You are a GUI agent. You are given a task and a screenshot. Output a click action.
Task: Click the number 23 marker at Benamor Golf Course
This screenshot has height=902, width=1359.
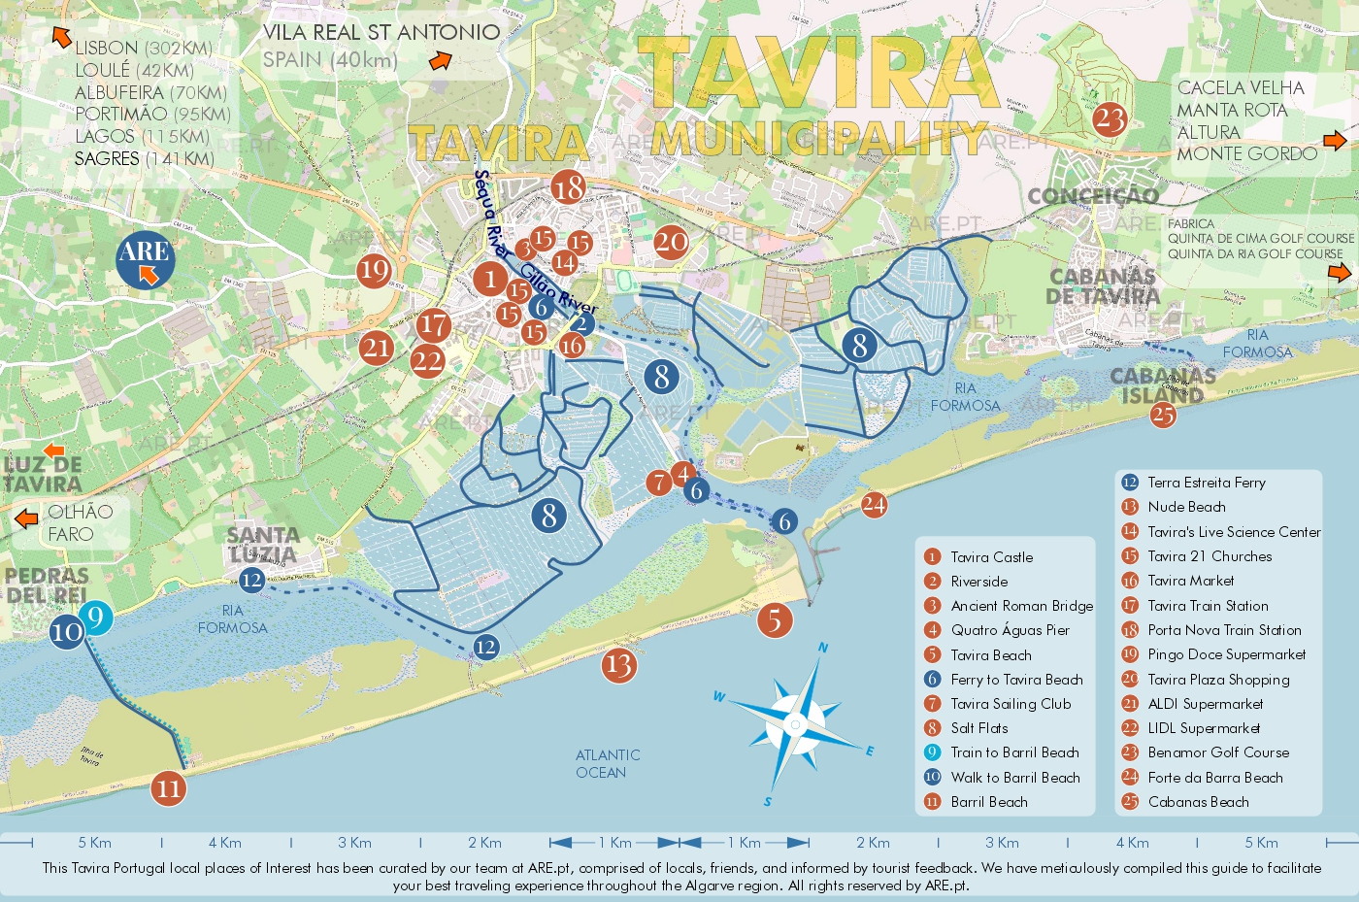(1110, 120)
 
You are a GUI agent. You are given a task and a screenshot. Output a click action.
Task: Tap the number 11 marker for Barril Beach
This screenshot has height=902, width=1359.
(168, 787)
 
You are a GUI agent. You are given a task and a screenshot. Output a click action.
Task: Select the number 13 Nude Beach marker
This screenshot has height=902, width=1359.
(618, 665)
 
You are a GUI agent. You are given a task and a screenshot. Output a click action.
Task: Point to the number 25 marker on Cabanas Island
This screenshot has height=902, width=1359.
(1162, 416)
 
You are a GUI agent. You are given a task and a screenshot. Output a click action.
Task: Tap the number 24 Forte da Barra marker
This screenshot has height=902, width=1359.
(874, 504)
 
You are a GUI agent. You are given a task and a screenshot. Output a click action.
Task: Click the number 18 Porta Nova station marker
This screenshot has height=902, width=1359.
(568, 186)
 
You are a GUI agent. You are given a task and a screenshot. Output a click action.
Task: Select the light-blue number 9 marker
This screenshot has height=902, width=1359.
(95, 618)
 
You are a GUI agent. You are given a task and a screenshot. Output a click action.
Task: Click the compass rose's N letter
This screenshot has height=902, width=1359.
(823, 648)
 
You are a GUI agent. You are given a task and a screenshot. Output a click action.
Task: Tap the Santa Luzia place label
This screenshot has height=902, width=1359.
(263, 544)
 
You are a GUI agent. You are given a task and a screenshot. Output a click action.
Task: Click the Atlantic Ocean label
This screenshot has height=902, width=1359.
(607, 764)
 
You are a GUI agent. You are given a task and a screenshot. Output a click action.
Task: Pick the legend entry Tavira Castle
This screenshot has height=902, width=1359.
(991, 557)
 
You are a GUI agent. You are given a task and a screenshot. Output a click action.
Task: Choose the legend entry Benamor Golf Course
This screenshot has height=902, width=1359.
(1218, 752)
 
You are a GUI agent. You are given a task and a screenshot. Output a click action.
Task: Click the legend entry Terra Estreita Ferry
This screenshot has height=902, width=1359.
(1206, 483)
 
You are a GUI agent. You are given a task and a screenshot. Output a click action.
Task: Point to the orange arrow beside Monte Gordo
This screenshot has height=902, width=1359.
(1335, 142)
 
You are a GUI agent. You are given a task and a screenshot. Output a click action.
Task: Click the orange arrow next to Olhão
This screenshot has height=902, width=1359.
(26, 518)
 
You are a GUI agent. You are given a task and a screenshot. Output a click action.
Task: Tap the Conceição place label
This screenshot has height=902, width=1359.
(1093, 196)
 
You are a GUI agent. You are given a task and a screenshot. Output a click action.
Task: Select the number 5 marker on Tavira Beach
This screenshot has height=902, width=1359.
(774, 619)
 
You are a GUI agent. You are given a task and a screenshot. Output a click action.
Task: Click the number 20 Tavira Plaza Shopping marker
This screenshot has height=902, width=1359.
(670, 242)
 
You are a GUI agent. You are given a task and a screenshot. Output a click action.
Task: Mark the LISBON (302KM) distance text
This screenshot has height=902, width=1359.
(143, 48)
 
